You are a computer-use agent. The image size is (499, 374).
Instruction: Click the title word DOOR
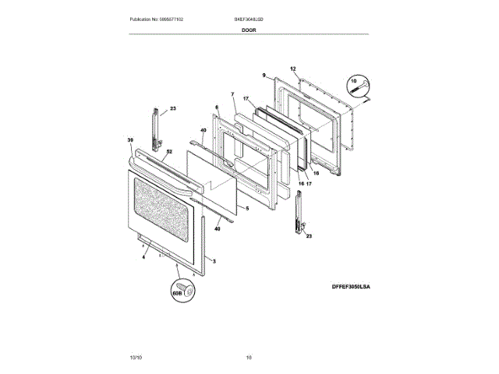point(249,29)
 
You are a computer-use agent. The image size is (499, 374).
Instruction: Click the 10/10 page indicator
point(136,357)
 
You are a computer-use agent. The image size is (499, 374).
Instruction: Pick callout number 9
point(264,75)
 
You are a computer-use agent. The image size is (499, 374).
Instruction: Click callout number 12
point(294,69)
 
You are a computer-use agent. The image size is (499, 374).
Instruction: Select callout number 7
point(232,95)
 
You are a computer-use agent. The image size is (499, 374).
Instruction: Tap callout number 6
point(217,108)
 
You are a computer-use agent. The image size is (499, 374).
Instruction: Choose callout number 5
point(246,209)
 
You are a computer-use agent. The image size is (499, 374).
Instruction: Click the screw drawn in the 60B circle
point(185,286)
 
